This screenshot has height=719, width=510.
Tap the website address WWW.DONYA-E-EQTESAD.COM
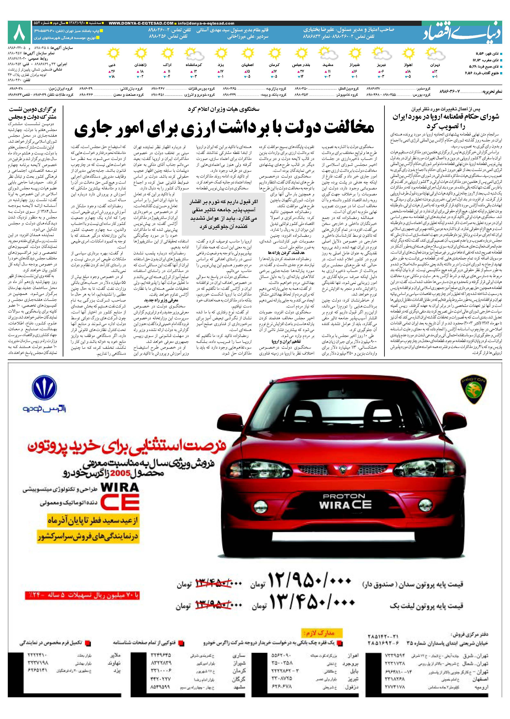coord(141,23)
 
